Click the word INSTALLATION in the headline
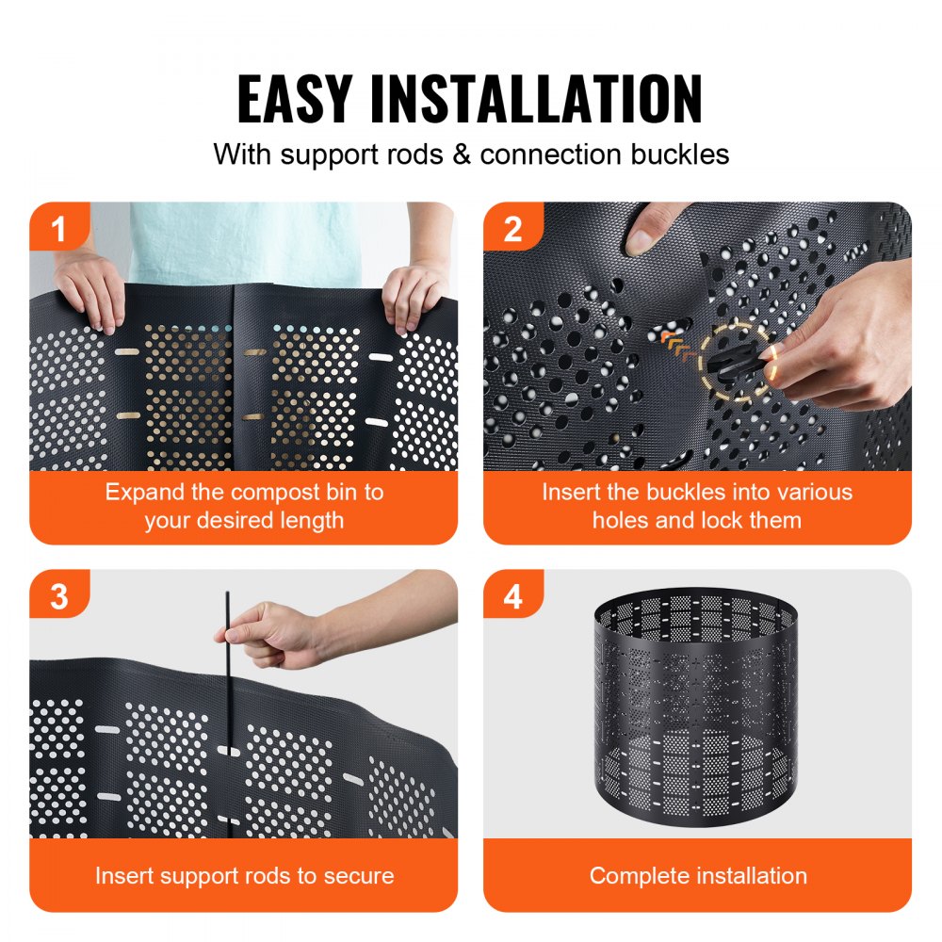coord(537,98)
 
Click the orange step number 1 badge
coord(59,229)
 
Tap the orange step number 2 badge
coord(513,229)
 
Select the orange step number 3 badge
coord(59,596)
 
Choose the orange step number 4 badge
coord(513,596)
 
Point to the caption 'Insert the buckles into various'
coord(697,492)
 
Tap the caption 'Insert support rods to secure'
coord(244,875)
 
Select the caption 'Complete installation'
coord(697,875)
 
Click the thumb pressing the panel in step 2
coord(649,230)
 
